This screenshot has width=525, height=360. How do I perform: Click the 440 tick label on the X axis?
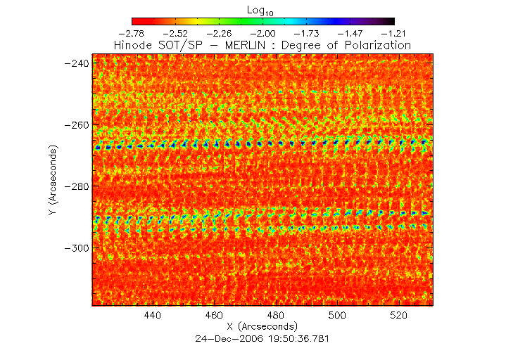pos(153,316)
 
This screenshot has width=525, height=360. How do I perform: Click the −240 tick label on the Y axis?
pos(76,63)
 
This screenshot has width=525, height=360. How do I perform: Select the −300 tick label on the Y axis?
pos(76,248)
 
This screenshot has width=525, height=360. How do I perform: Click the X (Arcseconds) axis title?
pos(262,327)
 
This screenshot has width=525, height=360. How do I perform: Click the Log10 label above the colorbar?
pos(262,10)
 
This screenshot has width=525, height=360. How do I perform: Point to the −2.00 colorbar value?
pos(263,33)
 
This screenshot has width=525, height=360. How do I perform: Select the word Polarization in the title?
pos(377,45)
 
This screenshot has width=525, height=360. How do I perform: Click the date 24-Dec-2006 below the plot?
pos(230,338)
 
